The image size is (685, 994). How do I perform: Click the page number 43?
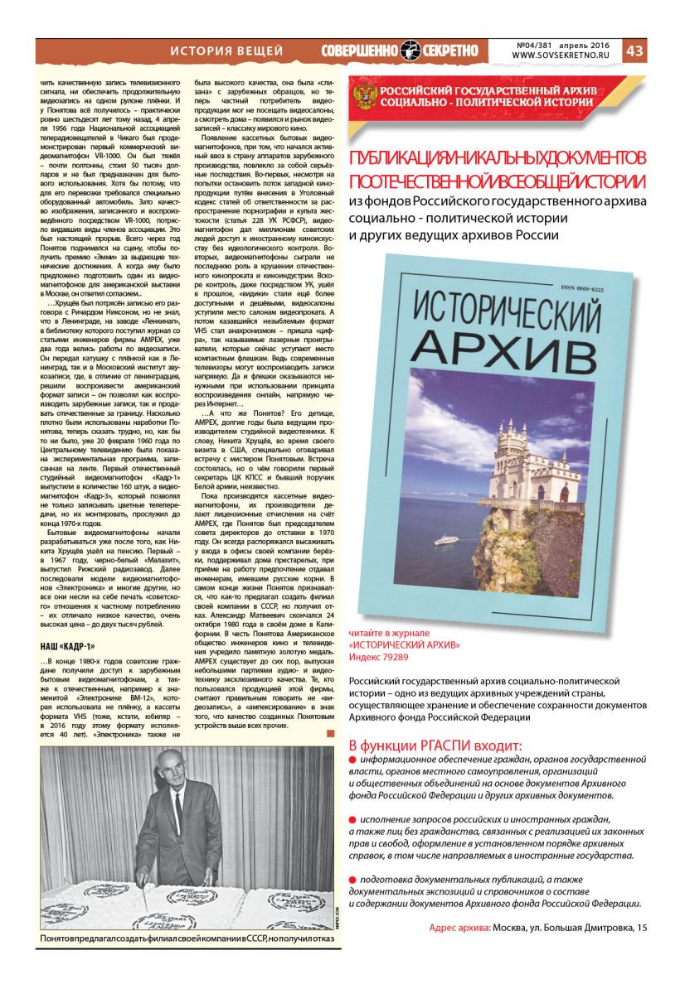pos(634,51)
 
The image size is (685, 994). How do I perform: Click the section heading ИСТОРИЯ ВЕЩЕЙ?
pos(226,51)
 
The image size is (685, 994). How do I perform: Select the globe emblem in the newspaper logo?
pos(411,51)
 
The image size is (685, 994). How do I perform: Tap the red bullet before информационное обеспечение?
pos(352,758)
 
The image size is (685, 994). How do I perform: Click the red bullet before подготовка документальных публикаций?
pos(352,879)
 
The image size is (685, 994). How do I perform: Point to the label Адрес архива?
pos(459,927)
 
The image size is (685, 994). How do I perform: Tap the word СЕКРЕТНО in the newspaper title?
pos(453,51)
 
